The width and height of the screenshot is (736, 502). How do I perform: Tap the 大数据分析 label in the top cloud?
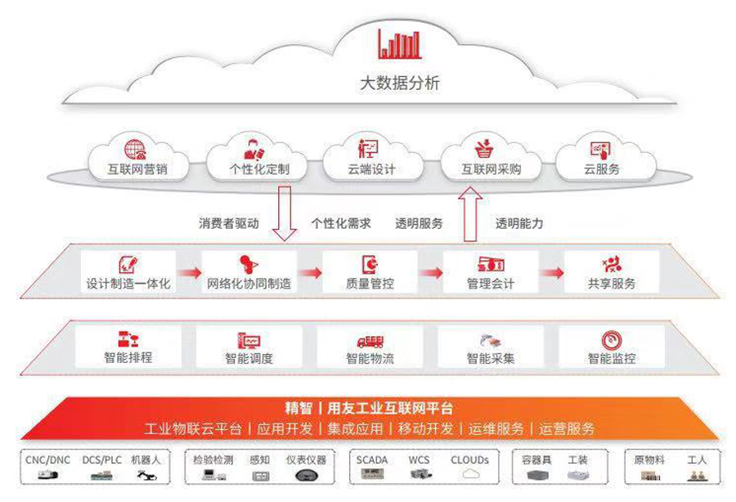(400, 83)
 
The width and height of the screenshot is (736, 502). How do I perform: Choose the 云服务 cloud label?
(601, 170)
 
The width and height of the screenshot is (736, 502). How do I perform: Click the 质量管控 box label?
(370, 285)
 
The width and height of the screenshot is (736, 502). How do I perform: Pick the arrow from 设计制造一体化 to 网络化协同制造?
(189, 273)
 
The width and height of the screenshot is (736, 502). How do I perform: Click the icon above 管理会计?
(491, 264)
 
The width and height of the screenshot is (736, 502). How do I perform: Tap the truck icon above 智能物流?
(370, 340)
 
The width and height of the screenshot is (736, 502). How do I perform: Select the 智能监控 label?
(612, 358)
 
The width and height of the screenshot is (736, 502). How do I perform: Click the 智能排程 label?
(128, 357)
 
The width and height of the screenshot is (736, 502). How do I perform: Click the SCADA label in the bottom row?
(372, 460)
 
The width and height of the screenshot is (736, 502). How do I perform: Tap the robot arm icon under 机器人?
(147, 475)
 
